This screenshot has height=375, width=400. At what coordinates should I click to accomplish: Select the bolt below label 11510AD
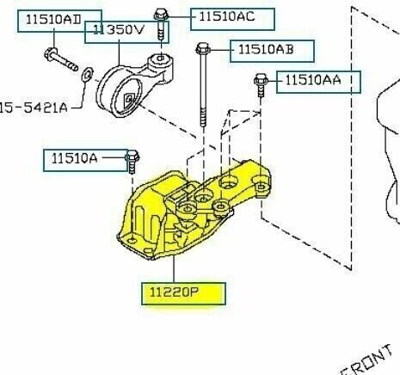click(x=60, y=63)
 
